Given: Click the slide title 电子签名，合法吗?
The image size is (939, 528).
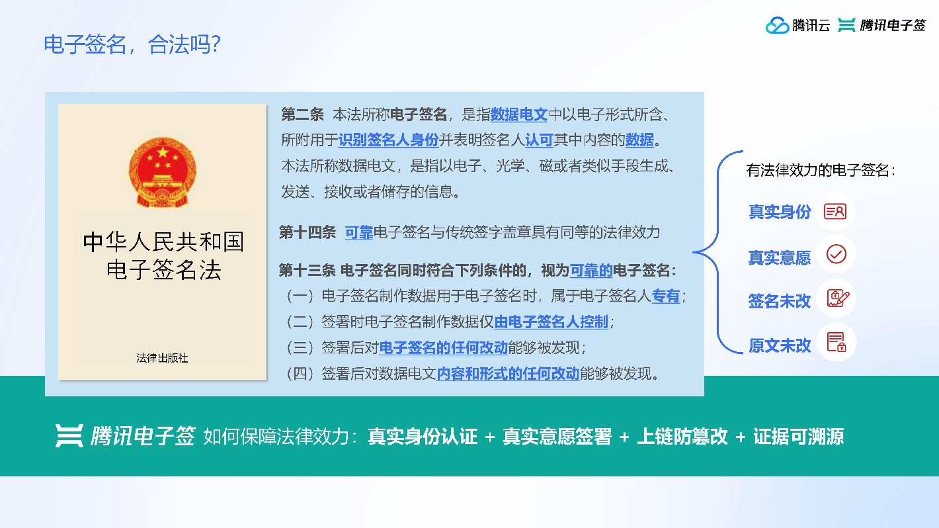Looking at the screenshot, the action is pos(132,44).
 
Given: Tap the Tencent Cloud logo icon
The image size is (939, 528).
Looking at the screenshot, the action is pos(777,25).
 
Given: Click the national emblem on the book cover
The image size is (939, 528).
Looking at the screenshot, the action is pos(162,172).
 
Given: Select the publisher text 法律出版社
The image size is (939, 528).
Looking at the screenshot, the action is pos(162,358).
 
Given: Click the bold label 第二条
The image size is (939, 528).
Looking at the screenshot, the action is pos(302,114).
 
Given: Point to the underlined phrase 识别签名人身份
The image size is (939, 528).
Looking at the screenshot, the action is pos(388,140).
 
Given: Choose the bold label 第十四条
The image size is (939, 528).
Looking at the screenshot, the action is pos(307,232).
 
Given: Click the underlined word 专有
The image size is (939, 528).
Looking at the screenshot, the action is pos(666,296).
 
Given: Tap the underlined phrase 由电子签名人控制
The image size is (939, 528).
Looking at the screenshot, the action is pos(551,322).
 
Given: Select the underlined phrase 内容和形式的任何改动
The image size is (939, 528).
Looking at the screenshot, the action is pos(508,373).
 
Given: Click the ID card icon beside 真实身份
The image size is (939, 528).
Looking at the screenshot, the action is pos(835,211).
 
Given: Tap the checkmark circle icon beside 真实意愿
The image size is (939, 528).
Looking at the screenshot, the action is pos(836,254).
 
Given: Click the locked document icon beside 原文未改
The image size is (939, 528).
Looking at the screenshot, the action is pos(837,342).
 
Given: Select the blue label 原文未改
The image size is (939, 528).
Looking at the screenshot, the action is pos(780,345).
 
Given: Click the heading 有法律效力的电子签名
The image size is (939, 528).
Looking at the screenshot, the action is pos(820,170).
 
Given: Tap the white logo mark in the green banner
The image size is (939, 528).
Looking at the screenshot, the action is pos(69,436).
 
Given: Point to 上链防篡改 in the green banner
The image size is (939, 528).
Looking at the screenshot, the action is pos(682,437).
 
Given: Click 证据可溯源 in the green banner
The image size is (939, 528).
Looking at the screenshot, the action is pos(798,437).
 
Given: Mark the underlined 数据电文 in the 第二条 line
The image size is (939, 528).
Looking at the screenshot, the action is pos(519,114).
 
